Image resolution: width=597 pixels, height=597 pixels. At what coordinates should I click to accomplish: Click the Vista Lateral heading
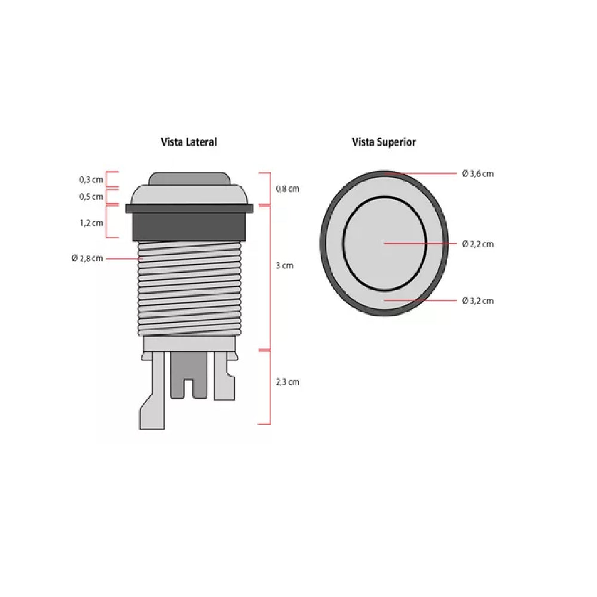point(189,142)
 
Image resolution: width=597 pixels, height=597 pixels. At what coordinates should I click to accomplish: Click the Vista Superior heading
point(383,142)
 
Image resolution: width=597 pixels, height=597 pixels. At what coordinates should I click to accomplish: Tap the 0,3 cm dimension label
point(91,179)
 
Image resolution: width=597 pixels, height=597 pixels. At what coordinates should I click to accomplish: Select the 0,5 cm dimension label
point(91,196)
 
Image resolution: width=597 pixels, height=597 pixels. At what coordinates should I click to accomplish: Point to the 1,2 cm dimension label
point(91,223)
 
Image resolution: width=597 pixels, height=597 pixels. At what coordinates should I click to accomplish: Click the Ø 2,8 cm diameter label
point(87,258)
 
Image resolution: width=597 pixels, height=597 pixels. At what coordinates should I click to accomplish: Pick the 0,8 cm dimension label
point(288,189)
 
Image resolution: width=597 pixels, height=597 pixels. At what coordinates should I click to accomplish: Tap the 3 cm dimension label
point(284,266)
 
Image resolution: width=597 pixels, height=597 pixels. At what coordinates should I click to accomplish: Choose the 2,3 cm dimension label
point(288,381)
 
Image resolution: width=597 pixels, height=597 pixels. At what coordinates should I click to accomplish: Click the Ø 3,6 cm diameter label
point(478,174)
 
